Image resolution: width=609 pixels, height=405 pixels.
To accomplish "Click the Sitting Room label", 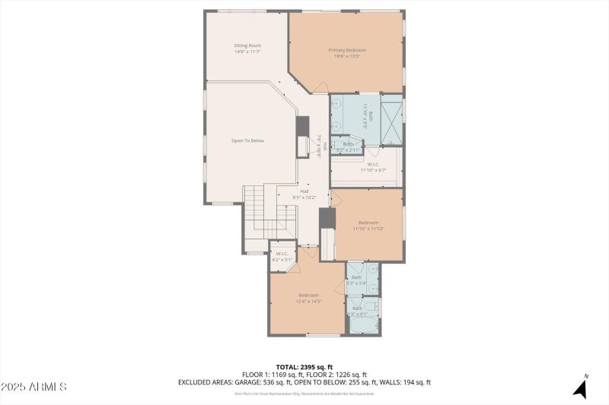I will click(x=247, y=46).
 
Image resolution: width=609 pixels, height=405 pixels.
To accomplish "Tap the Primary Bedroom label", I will click(x=346, y=50).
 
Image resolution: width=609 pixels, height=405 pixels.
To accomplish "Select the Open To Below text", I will click(x=247, y=141).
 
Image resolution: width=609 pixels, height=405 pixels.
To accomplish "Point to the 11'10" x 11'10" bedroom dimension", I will click(x=368, y=228).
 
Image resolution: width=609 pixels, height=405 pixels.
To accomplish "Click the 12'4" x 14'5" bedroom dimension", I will click(x=308, y=301).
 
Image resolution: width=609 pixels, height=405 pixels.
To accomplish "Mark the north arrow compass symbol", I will click(x=580, y=388).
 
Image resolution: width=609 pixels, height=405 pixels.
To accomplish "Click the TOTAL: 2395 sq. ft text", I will click(x=304, y=366).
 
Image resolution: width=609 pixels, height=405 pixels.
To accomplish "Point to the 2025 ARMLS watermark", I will click(x=34, y=388).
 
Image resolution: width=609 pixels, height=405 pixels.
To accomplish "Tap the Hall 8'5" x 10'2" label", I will click(x=304, y=194).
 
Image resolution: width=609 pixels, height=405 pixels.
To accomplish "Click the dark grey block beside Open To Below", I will click(x=302, y=126).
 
